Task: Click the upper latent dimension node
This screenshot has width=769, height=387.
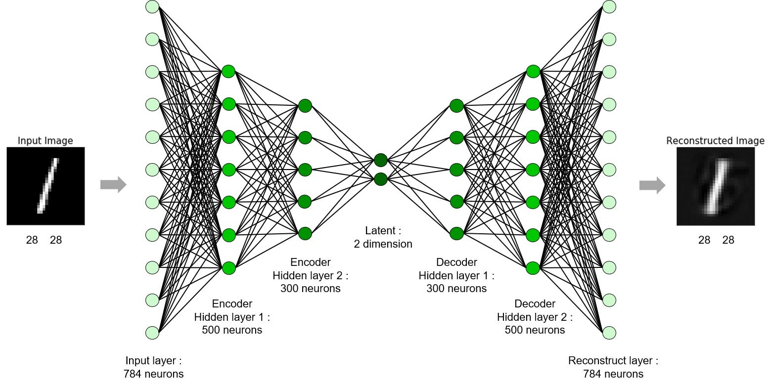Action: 380,160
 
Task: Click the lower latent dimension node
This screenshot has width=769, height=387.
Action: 380,179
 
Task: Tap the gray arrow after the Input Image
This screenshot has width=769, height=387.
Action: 113,185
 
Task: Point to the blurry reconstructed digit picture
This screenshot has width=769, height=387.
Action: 716,186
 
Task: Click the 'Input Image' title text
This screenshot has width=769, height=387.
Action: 45,141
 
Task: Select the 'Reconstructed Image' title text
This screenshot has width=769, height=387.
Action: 715,141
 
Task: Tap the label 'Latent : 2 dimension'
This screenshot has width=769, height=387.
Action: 383,237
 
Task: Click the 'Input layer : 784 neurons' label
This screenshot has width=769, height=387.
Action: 153,367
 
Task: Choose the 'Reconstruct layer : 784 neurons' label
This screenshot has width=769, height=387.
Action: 613,367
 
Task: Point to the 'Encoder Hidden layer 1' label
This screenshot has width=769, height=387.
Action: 232,317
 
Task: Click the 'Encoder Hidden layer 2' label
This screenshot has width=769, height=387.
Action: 310,275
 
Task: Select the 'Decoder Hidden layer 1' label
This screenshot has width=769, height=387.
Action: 456,275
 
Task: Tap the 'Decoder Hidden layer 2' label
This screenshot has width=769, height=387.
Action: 535,317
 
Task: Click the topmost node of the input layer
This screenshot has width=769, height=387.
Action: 152,7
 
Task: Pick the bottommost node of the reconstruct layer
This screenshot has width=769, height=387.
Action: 609,333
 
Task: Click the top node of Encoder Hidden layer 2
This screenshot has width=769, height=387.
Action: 305,105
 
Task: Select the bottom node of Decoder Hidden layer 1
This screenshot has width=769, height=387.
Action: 456,233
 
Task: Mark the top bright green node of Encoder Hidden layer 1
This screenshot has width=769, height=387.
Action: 228,71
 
